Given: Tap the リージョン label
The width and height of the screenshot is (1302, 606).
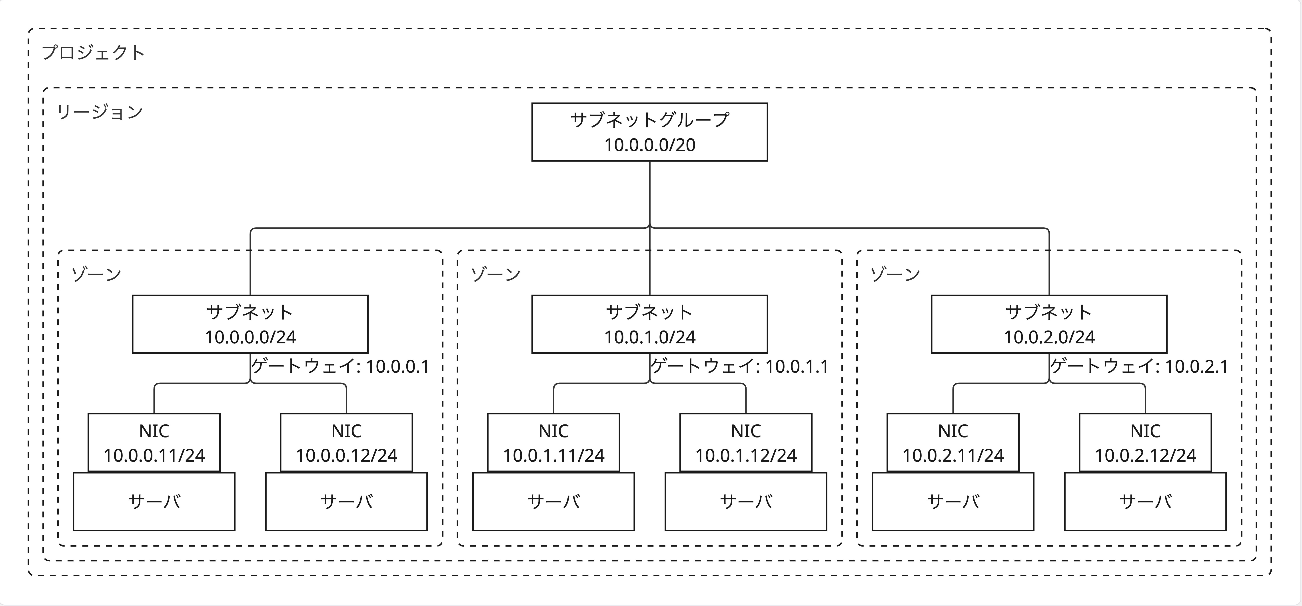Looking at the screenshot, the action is [100, 112].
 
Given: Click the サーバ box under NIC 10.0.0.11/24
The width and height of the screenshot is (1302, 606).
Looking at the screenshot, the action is [154, 501].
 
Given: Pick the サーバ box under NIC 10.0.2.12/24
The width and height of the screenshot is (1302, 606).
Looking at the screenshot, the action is [1145, 501].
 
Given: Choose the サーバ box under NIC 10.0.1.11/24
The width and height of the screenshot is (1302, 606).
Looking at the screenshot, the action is [553, 501].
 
